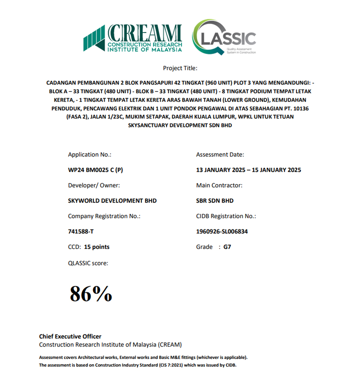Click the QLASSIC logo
point(224,38)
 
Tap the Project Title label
point(180,68)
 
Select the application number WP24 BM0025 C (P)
point(96,170)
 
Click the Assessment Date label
point(220,154)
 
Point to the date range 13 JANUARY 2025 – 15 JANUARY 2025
point(249,170)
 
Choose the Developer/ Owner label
point(94,185)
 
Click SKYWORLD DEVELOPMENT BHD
point(112,201)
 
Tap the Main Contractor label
point(219,185)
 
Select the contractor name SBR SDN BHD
point(215,201)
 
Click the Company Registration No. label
point(104,216)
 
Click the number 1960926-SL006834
point(222,232)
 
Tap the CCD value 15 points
point(96,247)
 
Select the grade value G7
point(227,247)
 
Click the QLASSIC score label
point(88,263)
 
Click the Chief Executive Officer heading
point(70,337)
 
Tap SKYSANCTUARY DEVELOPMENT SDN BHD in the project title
point(180,125)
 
